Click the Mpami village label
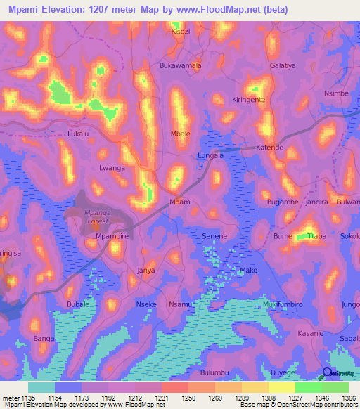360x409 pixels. [181, 202]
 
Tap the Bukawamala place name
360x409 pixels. [181, 65]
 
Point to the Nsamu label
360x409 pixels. [181, 304]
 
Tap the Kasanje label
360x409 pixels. [311, 333]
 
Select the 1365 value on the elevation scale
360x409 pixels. [346, 398]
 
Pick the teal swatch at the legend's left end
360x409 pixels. [41, 387]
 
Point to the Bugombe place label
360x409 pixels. [283, 202]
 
